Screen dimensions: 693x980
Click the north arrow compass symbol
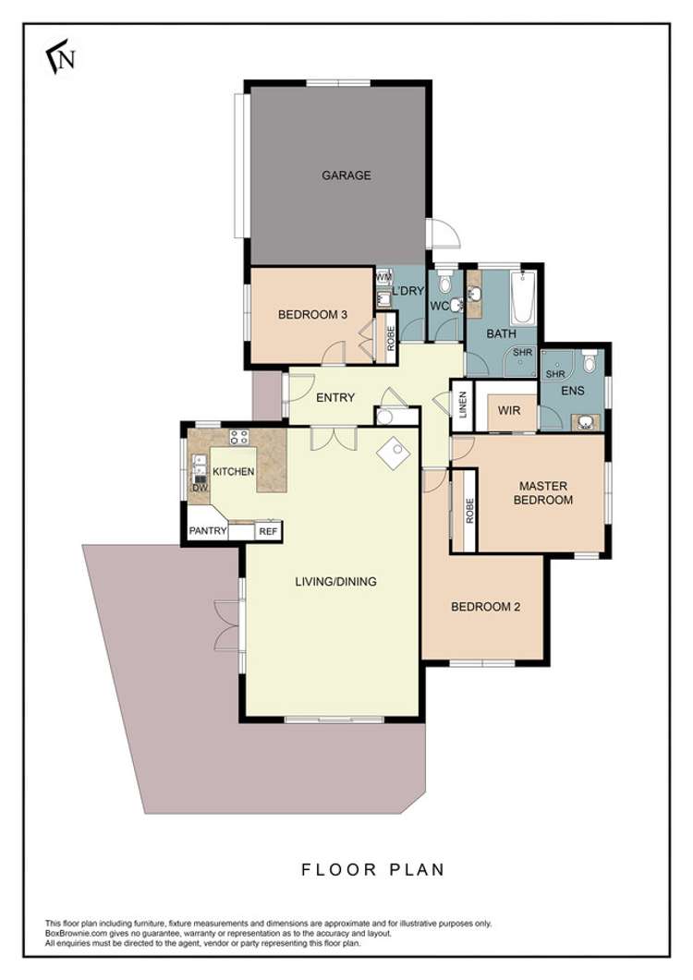pos(61,57)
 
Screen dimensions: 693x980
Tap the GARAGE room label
pos(346,175)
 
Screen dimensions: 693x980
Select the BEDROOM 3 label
pos(312,315)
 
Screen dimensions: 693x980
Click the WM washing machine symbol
pos(383,277)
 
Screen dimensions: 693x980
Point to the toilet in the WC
pos(445,284)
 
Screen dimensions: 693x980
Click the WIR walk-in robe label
pos(509,411)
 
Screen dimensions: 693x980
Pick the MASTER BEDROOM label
pos(543,492)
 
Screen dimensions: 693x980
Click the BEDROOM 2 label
pos(485,607)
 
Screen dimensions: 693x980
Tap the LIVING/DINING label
pos(335,581)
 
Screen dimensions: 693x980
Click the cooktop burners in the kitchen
pos(238,437)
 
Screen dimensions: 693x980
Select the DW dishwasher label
pos(200,488)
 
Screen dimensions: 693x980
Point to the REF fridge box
pos(268,531)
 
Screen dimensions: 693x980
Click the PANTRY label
pos(208,530)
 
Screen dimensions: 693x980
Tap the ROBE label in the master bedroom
pos(469,511)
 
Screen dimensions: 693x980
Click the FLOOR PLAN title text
pos(372,869)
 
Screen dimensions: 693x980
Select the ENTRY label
pos(335,397)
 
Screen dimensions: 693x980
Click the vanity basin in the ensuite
pos(586,422)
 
